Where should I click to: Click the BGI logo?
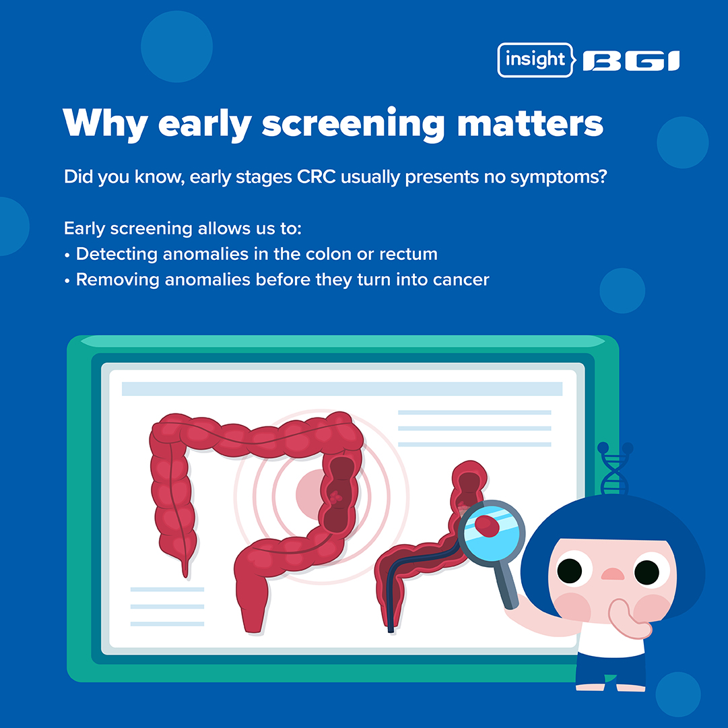pyautogui.click(x=631, y=61)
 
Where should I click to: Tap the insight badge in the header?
pyautogui.click(x=536, y=60)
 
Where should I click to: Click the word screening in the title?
pyautogui.click(x=354, y=124)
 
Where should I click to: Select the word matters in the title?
pyautogui.click(x=530, y=123)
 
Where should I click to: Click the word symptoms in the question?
pyautogui.click(x=558, y=177)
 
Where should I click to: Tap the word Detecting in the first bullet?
pyautogui.click(x=117, y=255)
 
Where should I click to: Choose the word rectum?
pyautogui.click(x=408, y=255)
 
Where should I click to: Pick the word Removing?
pyautogui.click(x=117, y=280)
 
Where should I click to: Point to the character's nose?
pyautogui.click(x=613, y=574)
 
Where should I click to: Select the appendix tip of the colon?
pyautogui.click(x=186, y=572)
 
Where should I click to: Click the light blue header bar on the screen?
pyautogui.click(x=341, y=389)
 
